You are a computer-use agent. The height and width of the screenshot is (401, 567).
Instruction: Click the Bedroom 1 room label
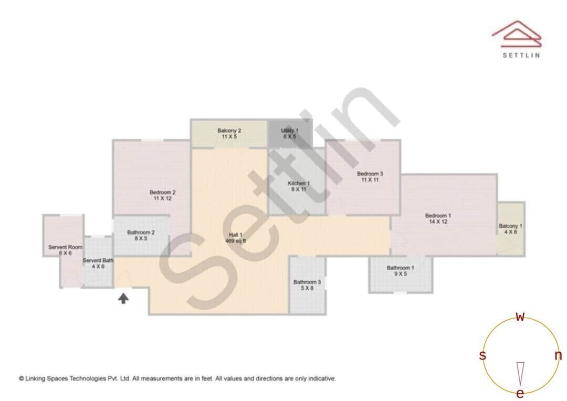[438, 218]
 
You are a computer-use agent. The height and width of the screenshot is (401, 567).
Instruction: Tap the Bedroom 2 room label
[162, 195]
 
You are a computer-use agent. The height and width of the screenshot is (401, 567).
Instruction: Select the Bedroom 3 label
[370, 176]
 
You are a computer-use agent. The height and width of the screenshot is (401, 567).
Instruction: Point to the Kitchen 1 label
[299, 186]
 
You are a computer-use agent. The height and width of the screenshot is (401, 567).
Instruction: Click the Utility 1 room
[290, 133]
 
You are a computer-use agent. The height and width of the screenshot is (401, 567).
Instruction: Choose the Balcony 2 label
[229, 133]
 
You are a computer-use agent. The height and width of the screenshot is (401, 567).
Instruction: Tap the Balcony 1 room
[510, 229]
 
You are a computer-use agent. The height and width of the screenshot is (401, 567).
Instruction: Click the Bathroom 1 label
[401, 270]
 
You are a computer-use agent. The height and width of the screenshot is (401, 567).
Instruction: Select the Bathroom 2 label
[141, 235]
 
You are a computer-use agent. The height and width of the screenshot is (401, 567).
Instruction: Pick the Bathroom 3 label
[307, 284]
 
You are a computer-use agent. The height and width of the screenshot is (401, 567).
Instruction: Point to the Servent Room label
[65, 250]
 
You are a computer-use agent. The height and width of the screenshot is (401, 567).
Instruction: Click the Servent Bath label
[98, 263]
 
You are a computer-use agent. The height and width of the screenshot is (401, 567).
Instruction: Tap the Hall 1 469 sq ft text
[236, 238]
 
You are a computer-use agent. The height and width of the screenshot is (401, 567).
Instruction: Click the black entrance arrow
[123, 299]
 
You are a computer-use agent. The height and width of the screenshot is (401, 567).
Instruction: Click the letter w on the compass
[520, 316]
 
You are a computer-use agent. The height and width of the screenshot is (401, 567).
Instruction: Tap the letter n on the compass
[558, 355]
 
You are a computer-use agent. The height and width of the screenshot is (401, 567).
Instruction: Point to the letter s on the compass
[482, 356]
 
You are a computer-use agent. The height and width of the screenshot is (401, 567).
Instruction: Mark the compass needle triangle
[520, 373]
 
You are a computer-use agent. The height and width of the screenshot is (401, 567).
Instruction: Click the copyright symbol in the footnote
[22, 378]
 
